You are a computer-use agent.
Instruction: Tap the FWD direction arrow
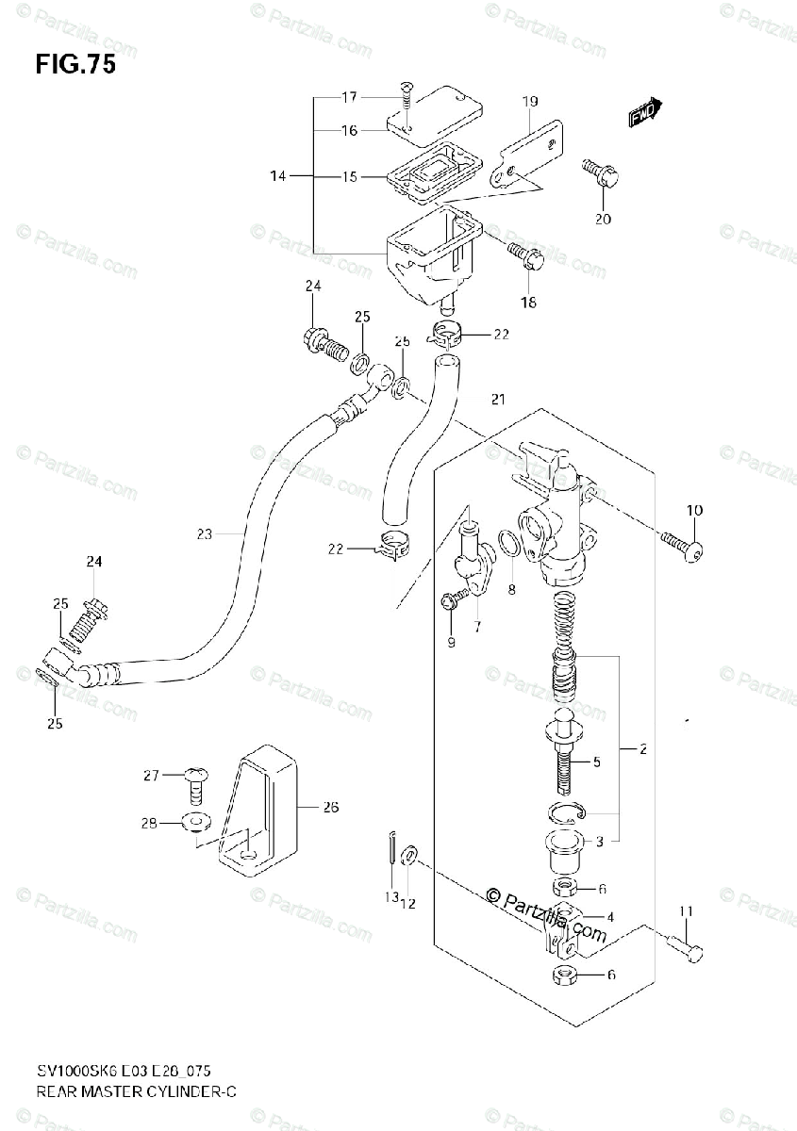click(x=646, y=112)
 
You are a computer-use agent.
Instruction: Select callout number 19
click(x=529, y=101)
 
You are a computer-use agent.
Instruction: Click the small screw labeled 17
click(x=406, y=92)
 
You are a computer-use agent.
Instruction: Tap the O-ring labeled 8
click(x=506, y=545)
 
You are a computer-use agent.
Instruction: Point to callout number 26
click(x=330, y=807)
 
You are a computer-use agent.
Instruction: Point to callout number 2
click(x=641, y=750)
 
